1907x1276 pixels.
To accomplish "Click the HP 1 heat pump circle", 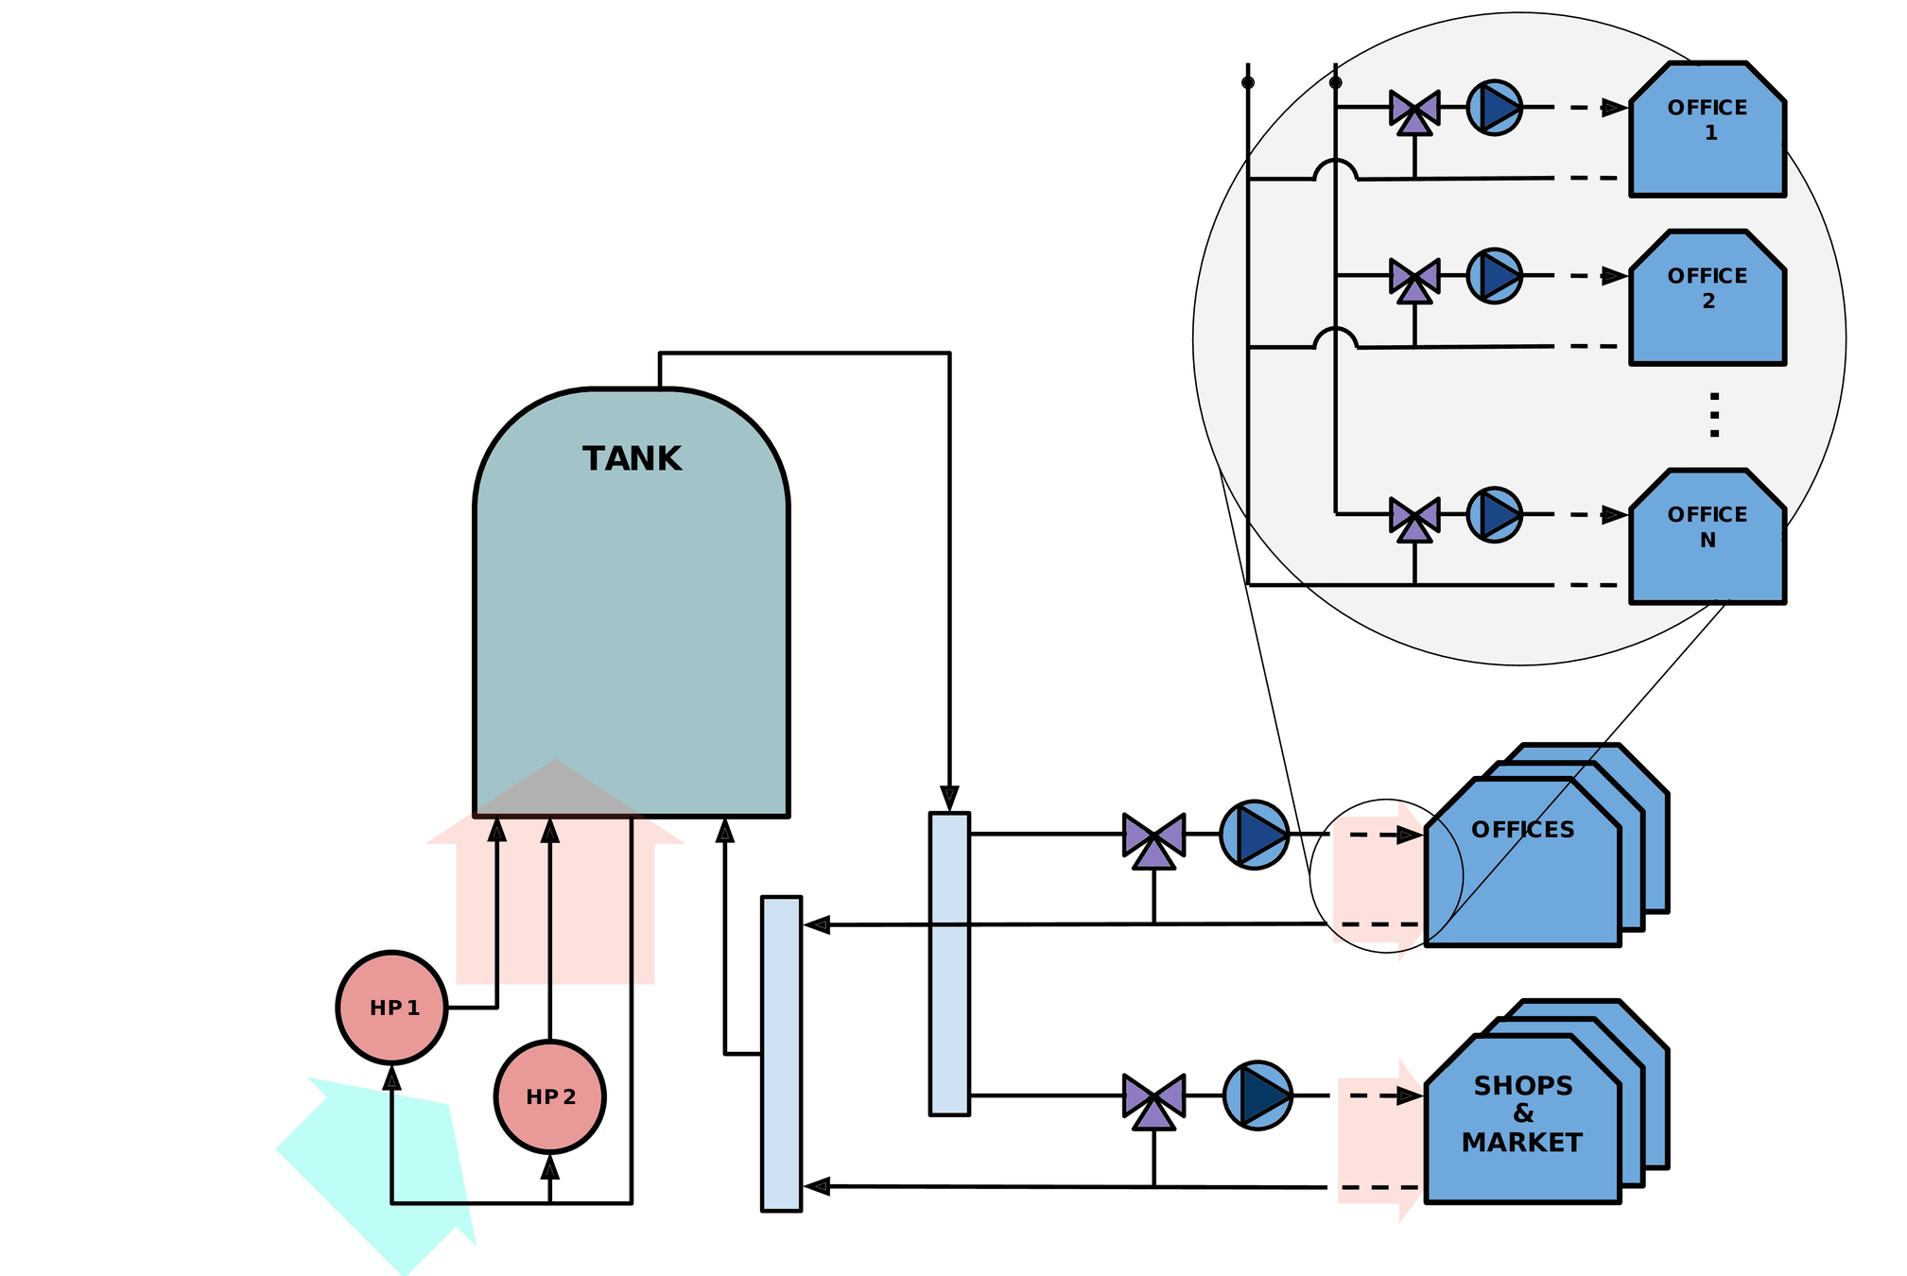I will pos(391,1008).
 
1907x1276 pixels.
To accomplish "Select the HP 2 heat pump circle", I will pos(549,1096).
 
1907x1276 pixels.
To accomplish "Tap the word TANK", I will pos(632,459).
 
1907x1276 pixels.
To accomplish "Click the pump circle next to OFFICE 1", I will pos(1494,108).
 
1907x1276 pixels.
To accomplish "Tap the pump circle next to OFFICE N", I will pos(1494,515).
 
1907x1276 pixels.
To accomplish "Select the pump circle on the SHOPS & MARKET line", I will pos(1257,1095).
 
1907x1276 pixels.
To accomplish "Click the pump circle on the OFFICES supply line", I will pos(1254,834).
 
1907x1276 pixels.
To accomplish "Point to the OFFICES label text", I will pos(1522,830).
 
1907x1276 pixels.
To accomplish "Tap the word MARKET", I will pos(1521,1143).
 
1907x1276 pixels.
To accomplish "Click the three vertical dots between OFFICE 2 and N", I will pos(1714,415).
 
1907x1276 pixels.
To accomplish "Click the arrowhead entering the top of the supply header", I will pos(949,798).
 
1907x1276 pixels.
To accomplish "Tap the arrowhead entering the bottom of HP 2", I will pos(550,1168).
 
